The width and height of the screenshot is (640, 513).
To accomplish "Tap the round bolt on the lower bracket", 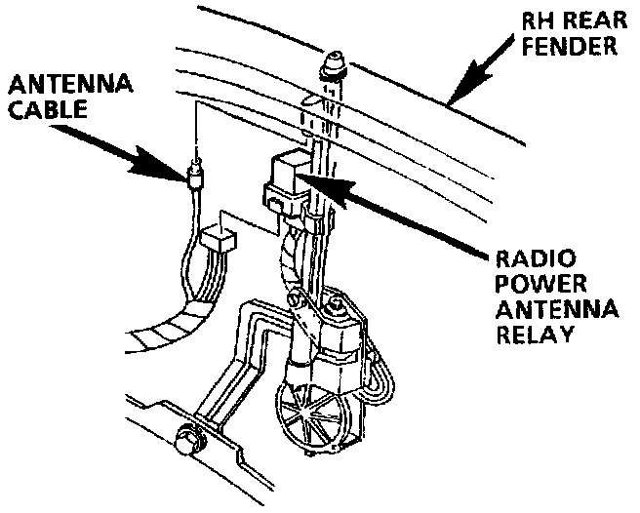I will (x=184, y=441).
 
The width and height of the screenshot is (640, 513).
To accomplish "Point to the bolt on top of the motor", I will (x=337, y=308).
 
